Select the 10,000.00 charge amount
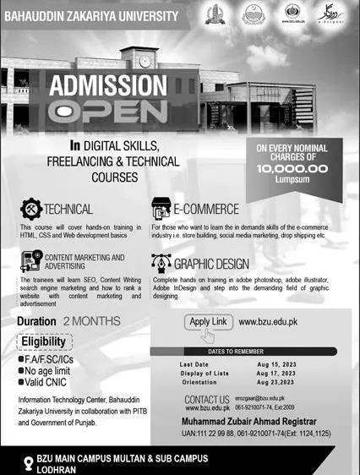(x=292, y=168)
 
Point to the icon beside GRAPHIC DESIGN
(x=161, y=263)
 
